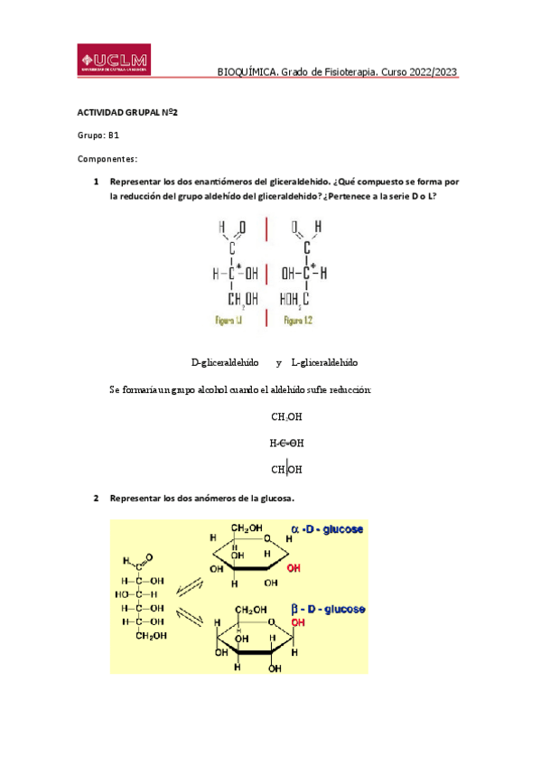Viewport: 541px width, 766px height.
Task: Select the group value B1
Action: [x=114, y=135]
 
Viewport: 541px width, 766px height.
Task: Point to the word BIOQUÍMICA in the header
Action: [x=248, y=73]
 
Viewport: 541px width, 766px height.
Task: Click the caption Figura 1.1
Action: [x=228, y=320]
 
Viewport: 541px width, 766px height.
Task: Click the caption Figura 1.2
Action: [x=298, y=320]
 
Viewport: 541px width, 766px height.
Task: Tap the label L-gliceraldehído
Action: [x=324, y=362]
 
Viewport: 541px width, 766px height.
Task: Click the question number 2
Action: [x=97, y=498]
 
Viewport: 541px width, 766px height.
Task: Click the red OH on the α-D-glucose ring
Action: [x=294, y=570]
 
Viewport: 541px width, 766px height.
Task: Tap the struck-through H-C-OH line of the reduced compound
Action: [x=286, y=444]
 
